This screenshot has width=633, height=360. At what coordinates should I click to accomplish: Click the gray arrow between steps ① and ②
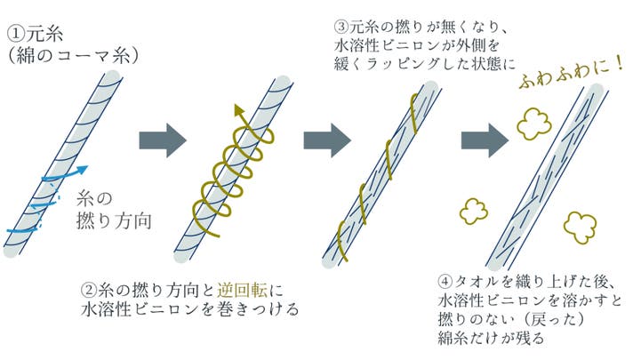163,140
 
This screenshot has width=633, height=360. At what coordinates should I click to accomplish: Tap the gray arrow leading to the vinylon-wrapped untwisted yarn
327,140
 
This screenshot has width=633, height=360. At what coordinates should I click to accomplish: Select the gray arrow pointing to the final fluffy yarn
485,140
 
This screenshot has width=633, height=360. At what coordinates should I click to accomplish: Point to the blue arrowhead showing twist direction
82,170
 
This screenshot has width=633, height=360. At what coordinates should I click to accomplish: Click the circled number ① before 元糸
17,34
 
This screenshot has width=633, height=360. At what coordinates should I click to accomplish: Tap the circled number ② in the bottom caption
89,291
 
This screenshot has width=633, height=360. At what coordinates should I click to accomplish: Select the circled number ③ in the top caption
341,27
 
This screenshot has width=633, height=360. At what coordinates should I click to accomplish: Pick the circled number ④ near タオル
445,281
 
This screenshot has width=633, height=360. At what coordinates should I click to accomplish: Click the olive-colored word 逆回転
242,291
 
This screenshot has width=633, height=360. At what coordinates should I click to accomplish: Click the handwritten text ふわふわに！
572,74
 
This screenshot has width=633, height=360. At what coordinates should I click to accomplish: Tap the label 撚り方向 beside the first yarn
114,221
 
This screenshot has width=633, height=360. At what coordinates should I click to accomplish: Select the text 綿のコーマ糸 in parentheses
74,56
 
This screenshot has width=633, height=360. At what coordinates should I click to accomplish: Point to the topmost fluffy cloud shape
533,124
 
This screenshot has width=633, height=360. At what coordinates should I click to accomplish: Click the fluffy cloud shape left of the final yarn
474,211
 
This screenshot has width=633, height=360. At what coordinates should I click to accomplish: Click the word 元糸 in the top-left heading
45,34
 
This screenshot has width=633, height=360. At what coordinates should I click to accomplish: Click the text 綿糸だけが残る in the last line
491,338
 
